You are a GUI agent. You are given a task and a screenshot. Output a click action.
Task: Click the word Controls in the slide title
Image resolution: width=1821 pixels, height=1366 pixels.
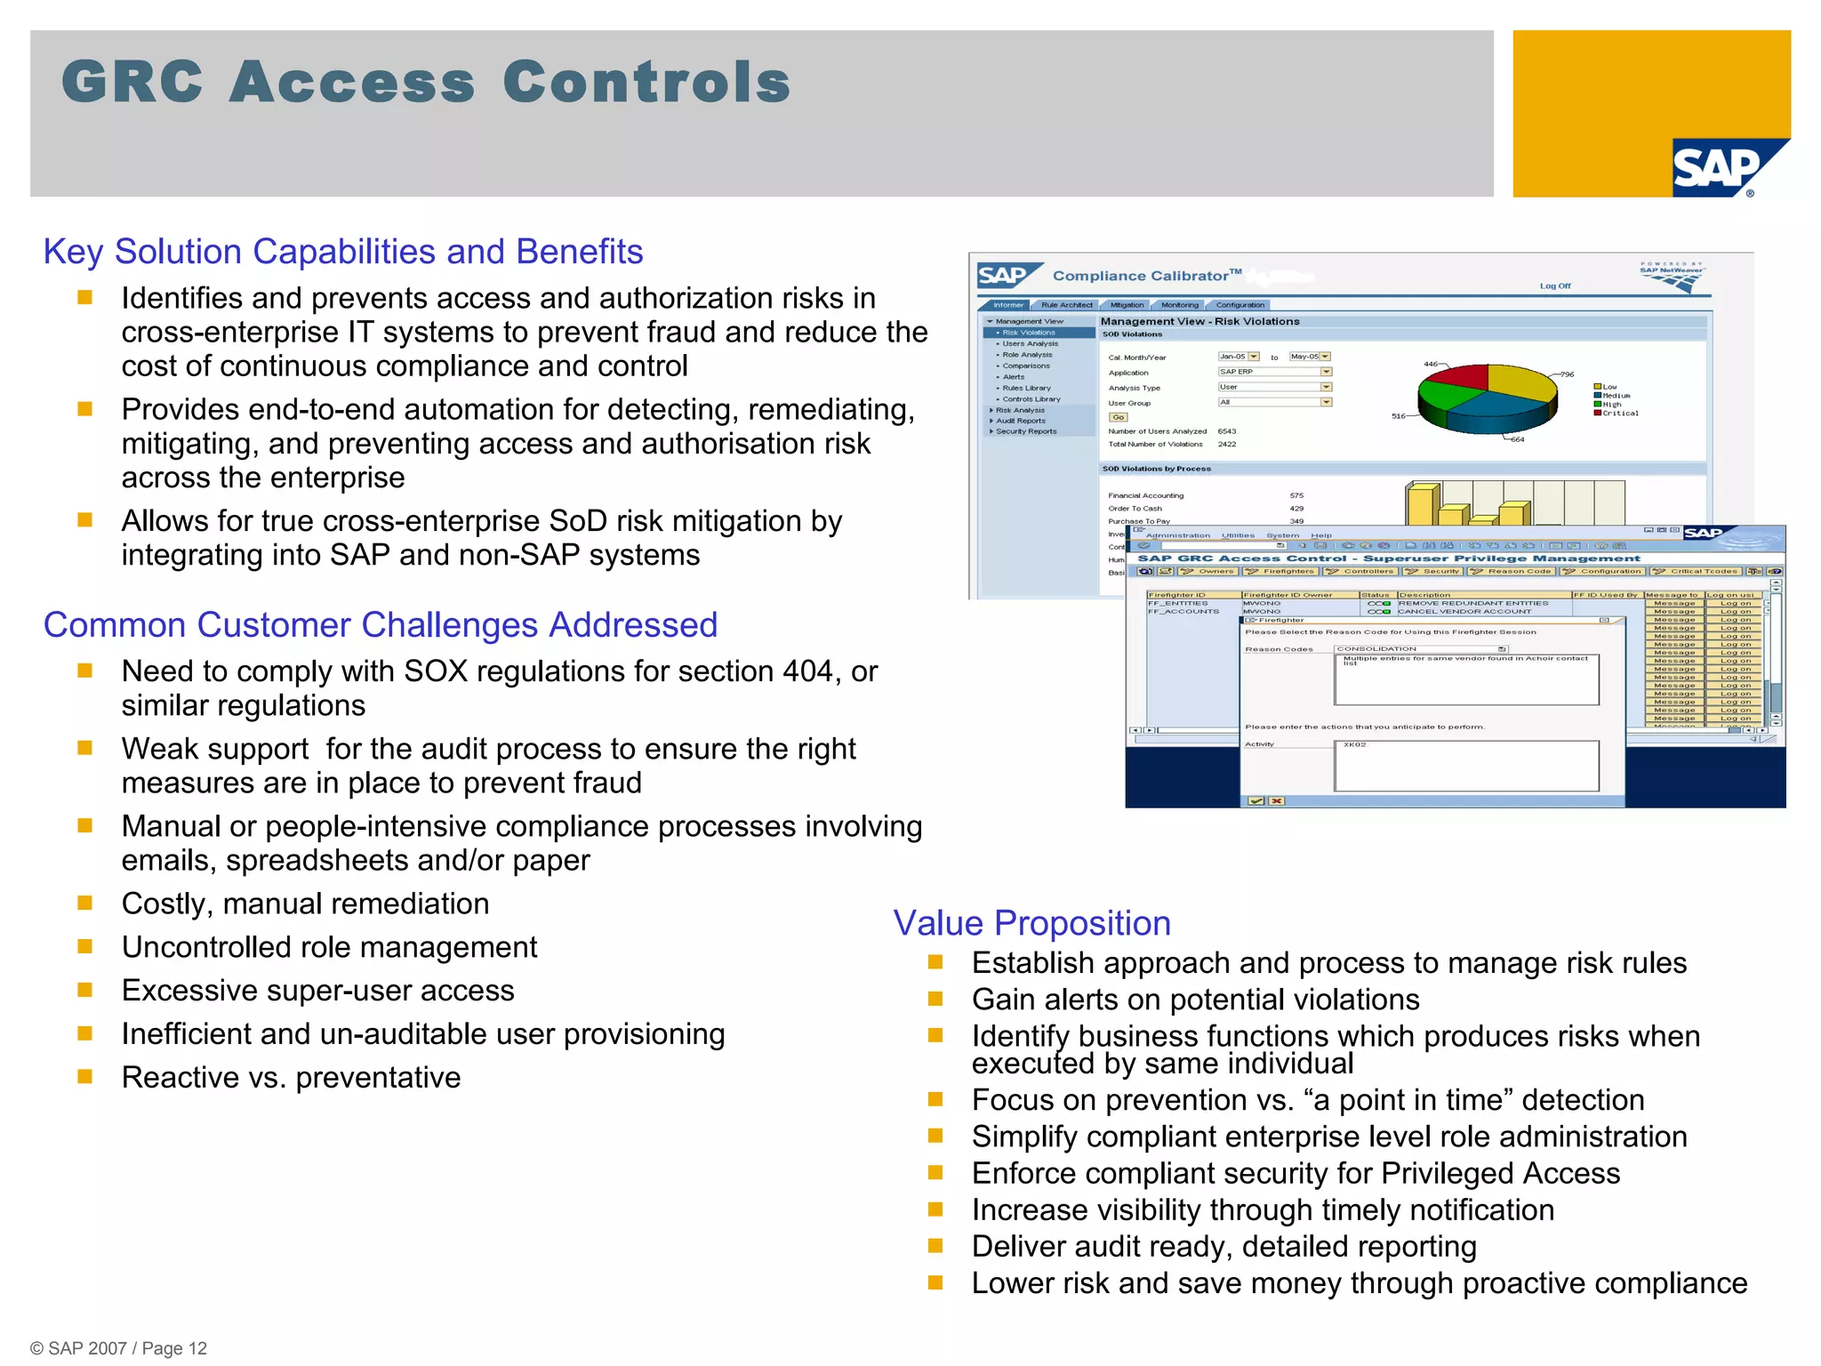pyautogui.click(x=646, y=82)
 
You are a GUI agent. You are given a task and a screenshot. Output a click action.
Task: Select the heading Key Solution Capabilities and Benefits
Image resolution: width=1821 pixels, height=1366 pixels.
pyautogui.click(x=343, y=252)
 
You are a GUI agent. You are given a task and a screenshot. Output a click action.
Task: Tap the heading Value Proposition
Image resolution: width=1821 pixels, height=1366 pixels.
pyautogui.click(x=1031, y=923)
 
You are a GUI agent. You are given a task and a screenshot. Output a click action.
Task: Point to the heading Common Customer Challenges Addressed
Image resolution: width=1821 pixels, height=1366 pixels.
pyautogui.click(x=381, y=625)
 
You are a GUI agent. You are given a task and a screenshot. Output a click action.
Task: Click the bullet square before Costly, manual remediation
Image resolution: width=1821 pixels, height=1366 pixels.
pyautogui.click(x=85, y=904)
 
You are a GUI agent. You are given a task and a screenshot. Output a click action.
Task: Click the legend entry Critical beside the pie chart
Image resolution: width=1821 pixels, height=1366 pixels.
pyautogui.click(x=1619, y=414)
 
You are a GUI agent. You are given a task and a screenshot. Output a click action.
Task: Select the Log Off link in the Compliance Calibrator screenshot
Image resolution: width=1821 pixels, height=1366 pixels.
pyautogui.click(x=1555, y=286)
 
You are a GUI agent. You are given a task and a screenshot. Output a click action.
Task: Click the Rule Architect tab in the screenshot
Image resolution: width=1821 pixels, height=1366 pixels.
pyautogui.click(x=1066, y=305)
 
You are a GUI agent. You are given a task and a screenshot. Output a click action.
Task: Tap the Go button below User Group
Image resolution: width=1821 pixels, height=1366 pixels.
pyautogui.click(x=1118, y=417)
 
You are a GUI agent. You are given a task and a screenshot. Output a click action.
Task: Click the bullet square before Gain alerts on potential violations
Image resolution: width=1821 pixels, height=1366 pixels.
pyautogui.click(x=935, y=1000)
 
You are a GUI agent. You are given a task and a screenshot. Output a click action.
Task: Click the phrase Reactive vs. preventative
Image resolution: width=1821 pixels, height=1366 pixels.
pyautogui.click(x=291, y=1078)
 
